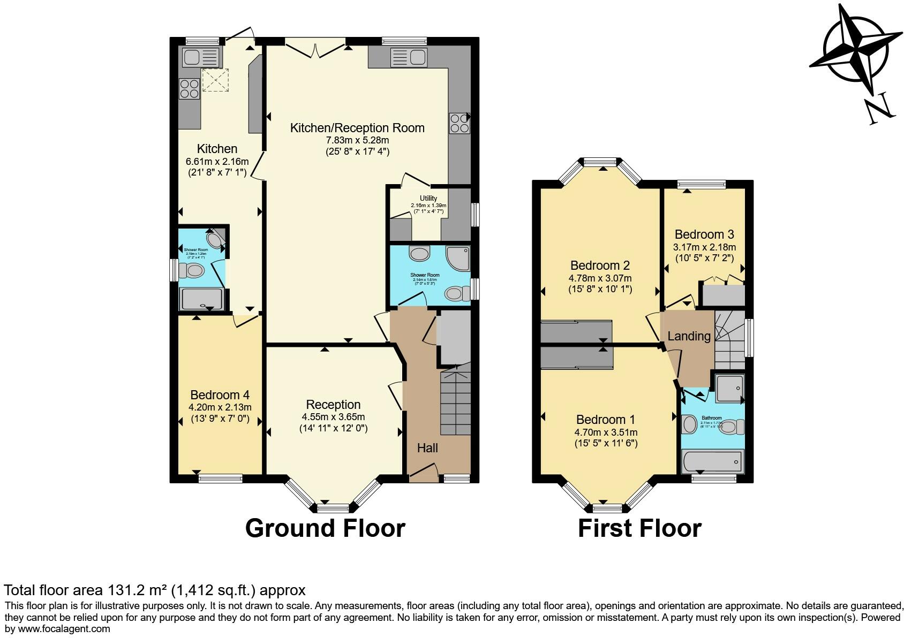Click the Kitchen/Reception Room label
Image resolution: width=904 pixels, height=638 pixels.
[x=357, y=128]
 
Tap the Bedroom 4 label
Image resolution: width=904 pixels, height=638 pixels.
[x=220, y=395]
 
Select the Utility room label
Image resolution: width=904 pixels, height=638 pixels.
[x=428, y=198]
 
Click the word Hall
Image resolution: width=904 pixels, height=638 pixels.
[x=427, y=448]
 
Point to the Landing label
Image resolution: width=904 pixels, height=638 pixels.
[x=689, y=336]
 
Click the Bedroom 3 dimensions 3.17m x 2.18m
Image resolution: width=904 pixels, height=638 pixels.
[x=704, y=247]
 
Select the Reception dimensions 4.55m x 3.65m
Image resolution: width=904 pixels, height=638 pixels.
[x=333, y=417]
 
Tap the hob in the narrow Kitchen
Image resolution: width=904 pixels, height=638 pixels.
[x=189, y=88]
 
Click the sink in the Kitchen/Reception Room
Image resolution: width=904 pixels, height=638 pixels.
[x=408, y=57]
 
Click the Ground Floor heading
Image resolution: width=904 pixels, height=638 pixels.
[x=325, y=528]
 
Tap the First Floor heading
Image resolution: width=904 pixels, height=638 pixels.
[x=639, y=528]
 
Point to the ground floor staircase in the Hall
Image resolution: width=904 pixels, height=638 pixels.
[x=455, y=404]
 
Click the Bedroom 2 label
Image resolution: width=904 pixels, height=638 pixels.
[x=600, y=265]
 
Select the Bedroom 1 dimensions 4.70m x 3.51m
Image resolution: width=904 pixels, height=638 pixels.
[x=606, y=432]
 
